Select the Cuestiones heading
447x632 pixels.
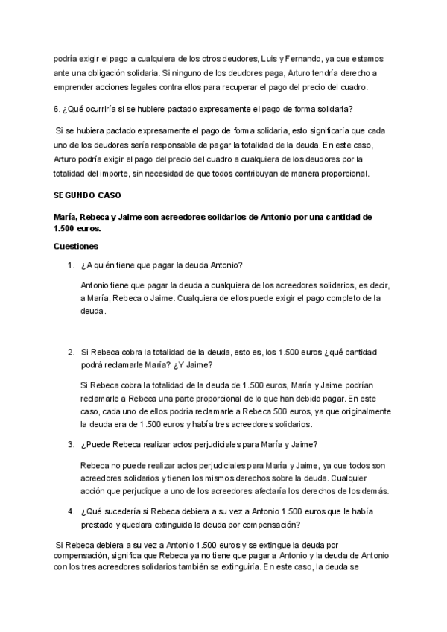tap(76, 246)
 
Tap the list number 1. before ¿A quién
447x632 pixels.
tap(70, 266)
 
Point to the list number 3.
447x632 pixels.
tap(70, 444)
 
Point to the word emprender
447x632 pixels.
tap(77, 88)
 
